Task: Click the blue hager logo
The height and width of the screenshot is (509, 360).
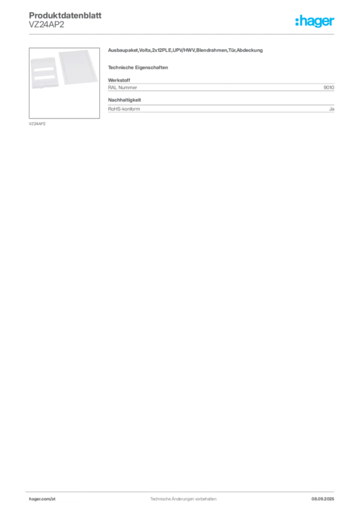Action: click(315, 22)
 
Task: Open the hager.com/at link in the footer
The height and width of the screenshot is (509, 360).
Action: click(42, 498)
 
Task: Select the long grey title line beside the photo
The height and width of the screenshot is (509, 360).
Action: click(186, 52)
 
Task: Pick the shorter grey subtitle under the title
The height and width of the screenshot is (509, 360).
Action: click(139, 67)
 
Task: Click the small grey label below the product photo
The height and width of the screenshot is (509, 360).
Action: click(38, 123)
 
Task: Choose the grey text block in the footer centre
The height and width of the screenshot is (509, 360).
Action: click(181, 496)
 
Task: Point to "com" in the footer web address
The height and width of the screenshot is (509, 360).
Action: click(46, 498)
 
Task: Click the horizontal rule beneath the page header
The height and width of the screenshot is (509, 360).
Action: click(199, 34)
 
